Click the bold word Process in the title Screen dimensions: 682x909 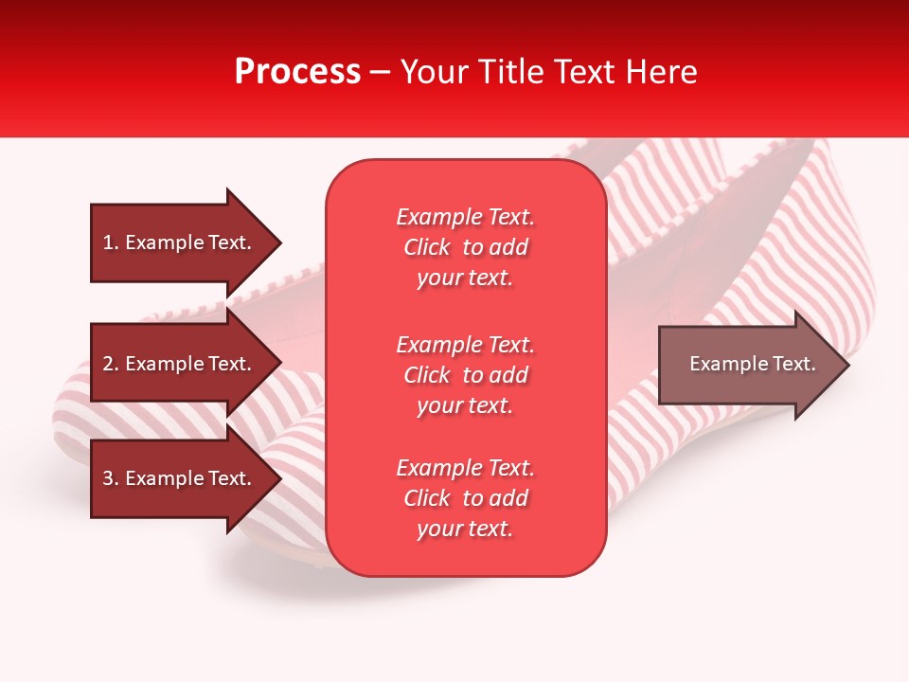pyautogui.click(x=297, y=71)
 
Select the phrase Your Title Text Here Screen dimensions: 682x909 pyautogui.click(x=548, y=71)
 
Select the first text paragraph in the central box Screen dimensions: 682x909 pyautogui.click(x=465, y=247)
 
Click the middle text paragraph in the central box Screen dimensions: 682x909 pyautogui.click(x=465, y=375)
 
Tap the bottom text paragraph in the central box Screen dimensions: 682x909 pyautogui.click(x=465, y=498)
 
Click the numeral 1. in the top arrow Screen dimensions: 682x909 pyautogui.click(x=111, y=242)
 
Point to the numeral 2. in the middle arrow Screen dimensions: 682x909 pyautogui.click(x=111, y=364)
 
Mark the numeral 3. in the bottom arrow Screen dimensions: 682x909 pyautogui.click(x=111, y=478)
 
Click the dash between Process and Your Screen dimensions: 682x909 pyautogui.click(x=381, y=72)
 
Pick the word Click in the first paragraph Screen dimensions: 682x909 pyautogui.click(x=427, y=247)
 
